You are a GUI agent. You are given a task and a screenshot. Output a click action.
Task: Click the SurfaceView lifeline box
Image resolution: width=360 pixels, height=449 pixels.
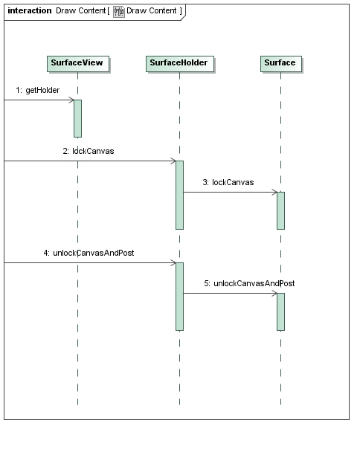coord(78,64)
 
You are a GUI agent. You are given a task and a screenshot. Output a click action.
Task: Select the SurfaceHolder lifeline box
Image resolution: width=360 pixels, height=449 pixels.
coord(180,64)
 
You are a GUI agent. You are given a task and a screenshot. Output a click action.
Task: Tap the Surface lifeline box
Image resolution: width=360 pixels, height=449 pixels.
coord(281,64)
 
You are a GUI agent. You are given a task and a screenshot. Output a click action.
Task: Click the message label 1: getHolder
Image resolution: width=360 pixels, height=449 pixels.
coord(37,90)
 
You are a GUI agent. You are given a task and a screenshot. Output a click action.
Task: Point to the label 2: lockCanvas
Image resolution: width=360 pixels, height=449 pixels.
coord(89,151)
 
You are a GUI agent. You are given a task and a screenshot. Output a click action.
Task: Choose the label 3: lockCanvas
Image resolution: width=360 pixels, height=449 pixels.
coord(228,182)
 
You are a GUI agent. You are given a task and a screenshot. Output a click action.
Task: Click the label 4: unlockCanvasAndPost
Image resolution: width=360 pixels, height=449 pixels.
coord(89,253)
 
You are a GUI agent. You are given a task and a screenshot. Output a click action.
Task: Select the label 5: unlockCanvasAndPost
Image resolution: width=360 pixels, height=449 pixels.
coord(249,283)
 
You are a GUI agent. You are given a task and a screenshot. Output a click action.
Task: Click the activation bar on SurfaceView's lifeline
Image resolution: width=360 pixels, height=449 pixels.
coord(77,118)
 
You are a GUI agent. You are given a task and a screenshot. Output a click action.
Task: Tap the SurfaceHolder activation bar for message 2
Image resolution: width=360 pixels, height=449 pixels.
coord(180,195)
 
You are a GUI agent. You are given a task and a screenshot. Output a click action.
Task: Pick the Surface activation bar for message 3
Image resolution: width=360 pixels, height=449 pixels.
coord(281,210)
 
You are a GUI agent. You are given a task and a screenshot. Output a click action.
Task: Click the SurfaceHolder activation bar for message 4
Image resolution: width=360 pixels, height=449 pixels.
coord(180,297)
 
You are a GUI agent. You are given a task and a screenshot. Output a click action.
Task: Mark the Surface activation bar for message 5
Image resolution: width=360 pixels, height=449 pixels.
coord(281,311)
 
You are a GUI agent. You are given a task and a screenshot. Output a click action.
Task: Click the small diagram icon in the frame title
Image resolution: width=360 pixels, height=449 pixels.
coord(119,12)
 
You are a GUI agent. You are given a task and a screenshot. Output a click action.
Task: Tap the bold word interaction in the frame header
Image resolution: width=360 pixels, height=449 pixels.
coord(30,10)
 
